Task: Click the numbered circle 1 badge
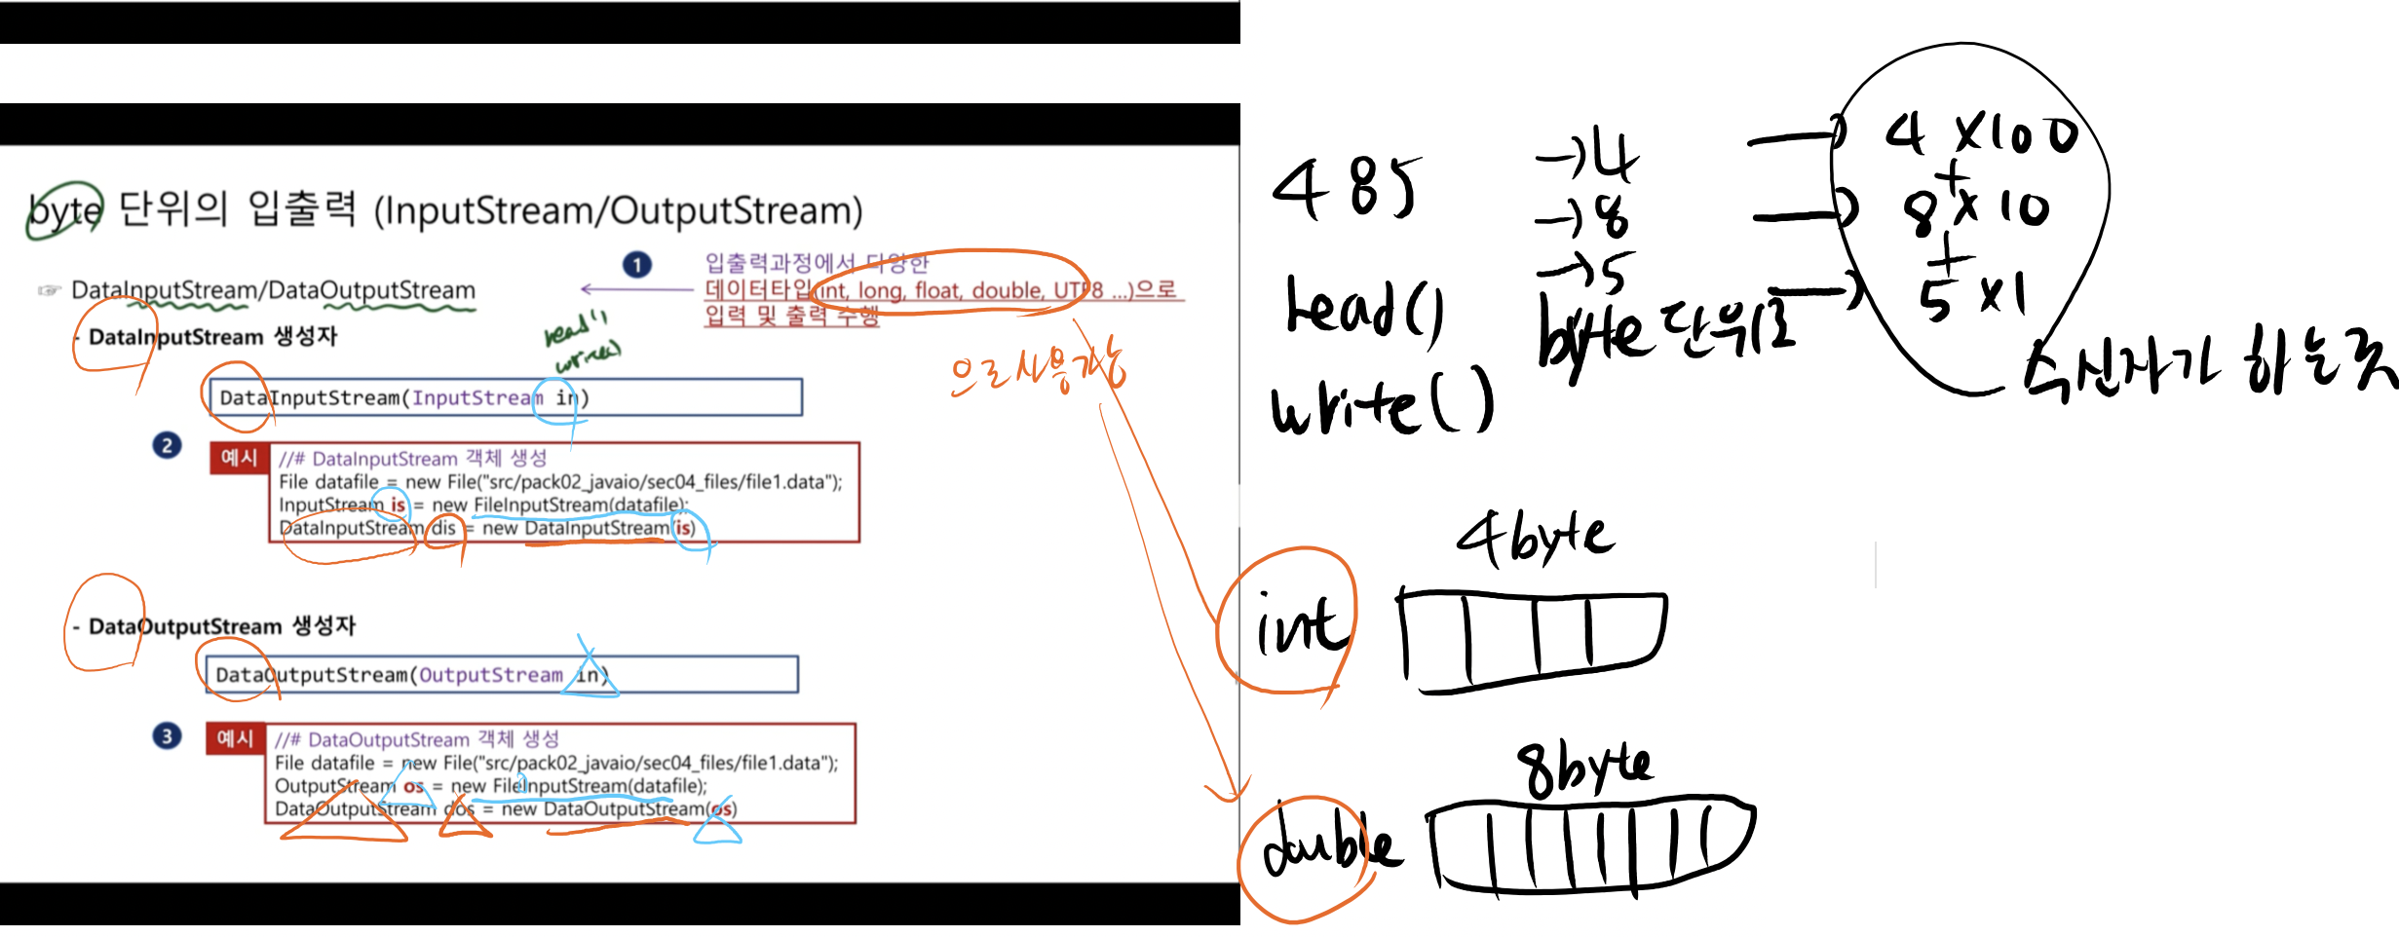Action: click(x=636, y=265)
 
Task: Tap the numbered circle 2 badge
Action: click(x=167, y=445)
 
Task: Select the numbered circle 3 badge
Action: click(x=167, y=735)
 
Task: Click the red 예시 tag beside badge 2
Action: click(x=239, y=458)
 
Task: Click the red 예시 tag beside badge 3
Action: click(x=235, y=738)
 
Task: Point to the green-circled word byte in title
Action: click(x=64, y=209)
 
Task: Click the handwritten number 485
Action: click(x=1346, y=187)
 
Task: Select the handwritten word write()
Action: click(x=1382, y=401)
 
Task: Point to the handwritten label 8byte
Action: click(x=1584, y=768)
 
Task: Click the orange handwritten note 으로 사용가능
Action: click(x=1037, y=371)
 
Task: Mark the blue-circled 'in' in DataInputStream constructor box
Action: click(x=565, y=397)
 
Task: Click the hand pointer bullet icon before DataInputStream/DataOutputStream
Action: click(x=48, y=290)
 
